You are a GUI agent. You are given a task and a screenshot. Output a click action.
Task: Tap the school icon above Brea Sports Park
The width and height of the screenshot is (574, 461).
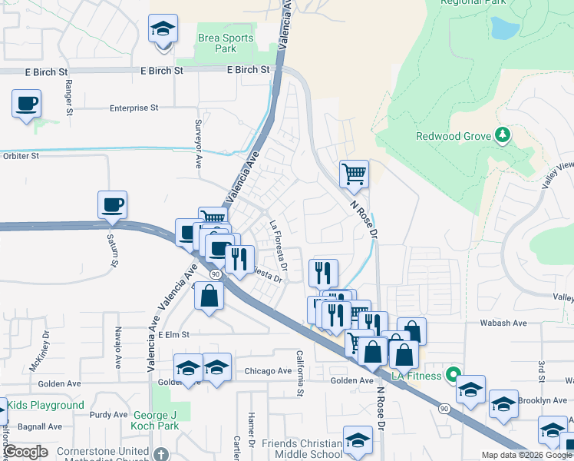[163, 30]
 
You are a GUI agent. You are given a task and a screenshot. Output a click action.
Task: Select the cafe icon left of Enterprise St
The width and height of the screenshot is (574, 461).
[26, 103]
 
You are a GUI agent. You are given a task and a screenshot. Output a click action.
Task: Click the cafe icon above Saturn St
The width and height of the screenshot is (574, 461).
[112, 205]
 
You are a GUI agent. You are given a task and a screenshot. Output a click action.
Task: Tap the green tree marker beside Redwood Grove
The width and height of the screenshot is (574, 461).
[503, 135]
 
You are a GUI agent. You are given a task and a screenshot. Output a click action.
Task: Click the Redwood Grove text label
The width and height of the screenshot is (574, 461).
[453, 136]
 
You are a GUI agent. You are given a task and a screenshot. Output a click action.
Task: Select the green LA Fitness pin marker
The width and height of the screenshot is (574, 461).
[454, 376]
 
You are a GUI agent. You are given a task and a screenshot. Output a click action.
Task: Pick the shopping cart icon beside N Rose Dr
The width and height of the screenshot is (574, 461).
[354, 174]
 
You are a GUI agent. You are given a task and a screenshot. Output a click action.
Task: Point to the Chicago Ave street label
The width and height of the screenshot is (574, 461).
[268, 370]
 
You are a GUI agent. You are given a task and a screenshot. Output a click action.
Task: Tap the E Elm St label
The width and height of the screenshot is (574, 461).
[174, 335]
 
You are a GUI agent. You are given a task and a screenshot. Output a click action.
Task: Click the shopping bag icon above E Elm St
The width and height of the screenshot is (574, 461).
[209, 296]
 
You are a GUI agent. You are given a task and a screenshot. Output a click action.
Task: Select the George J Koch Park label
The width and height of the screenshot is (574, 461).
[165, 420]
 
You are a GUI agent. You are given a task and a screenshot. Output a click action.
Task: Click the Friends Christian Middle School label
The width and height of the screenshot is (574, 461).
[302, 449]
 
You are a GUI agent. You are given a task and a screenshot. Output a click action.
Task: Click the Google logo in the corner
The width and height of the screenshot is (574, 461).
[25, 453]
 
